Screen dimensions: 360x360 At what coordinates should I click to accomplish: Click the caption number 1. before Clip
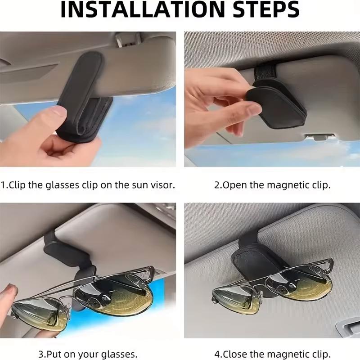point(4,185)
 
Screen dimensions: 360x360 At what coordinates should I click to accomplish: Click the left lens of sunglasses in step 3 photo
point(38,315)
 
